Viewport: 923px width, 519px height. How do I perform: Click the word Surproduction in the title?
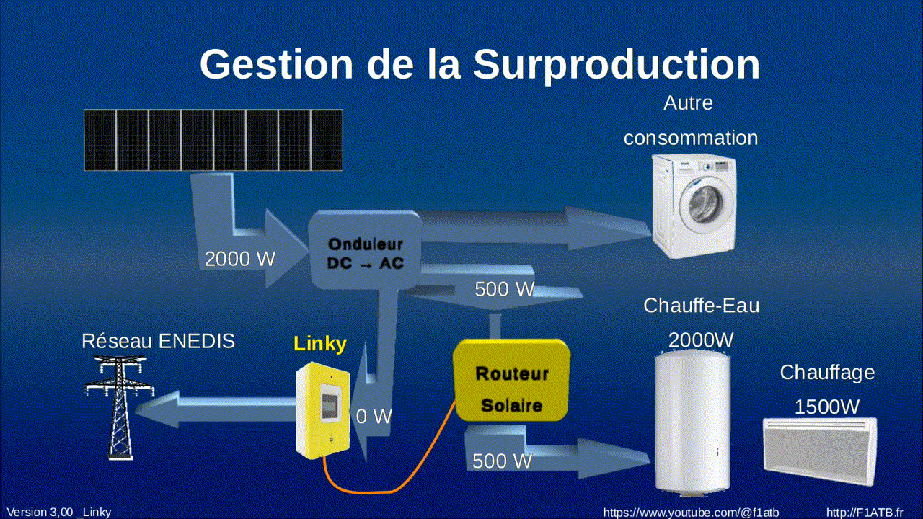pyautogui.click(x=617, y=64)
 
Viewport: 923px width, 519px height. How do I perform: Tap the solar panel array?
pyautogui.click(x=213, y=140)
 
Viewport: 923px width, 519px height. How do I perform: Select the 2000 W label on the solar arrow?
pyautogui.click(x=240, y=259)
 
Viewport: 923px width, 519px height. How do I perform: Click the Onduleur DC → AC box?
pyautogui.click(x=365, y=253)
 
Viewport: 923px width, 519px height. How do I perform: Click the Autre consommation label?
pyautogui.click(x=690, y=120)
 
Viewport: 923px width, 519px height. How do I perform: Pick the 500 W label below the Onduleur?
pyautogui.click(x=504, y=289)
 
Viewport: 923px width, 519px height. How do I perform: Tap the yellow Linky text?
pyautogui.click(x=319, y=344)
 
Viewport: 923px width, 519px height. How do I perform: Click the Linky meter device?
pyautogui.click(x=323, y=411)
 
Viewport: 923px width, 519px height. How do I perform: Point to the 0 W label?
pyautogui.click(x=374, y=416)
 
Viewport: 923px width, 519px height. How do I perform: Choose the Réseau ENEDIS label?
pyautogui.click(x=158, y=341)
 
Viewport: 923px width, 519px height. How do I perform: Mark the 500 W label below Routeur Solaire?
pyautogui.click(x=502, y=461)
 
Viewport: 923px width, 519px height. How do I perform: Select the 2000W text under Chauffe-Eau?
pyautogui.click(x=701, y=339)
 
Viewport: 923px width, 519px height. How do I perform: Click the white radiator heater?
pyautogui.click(x=820, y=451)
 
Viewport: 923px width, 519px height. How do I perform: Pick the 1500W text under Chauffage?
pyautogui.click(x=826, y=407)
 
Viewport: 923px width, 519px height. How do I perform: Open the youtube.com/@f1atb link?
pyautogui.click(x=690, y=513)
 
